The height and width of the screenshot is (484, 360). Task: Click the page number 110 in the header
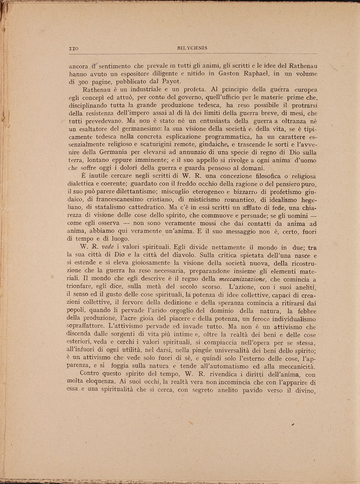tap(73, 47)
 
